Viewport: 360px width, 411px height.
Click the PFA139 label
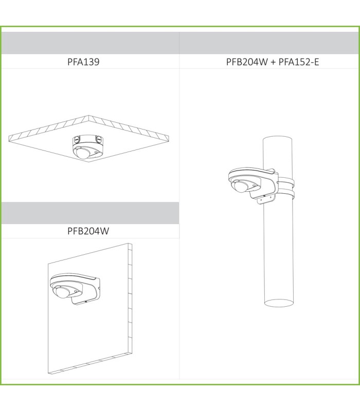[x=83, y=62]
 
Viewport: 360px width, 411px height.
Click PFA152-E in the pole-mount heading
[x=299, y=62]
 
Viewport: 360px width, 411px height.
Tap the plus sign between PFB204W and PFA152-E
[x=273, y=62]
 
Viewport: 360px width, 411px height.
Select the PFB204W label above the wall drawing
[x=88, y=231]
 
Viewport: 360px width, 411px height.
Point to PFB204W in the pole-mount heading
[x=247, y=62]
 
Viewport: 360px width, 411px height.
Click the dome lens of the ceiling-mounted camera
[x=82, y=153]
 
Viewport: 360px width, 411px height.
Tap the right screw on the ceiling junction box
[x=99, y=139]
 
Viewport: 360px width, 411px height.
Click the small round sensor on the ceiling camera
[x=97, y=151]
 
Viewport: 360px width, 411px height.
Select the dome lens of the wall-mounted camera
[x=61, y=293]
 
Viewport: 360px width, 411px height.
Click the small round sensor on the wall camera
[x=76, y=291]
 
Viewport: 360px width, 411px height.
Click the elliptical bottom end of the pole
[x=279, y=303]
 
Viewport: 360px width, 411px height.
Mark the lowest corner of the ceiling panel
[x=88, y=162]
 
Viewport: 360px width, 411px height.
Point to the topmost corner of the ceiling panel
[x=88, y=115]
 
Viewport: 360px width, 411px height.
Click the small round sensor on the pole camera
[x=254, y=185]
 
